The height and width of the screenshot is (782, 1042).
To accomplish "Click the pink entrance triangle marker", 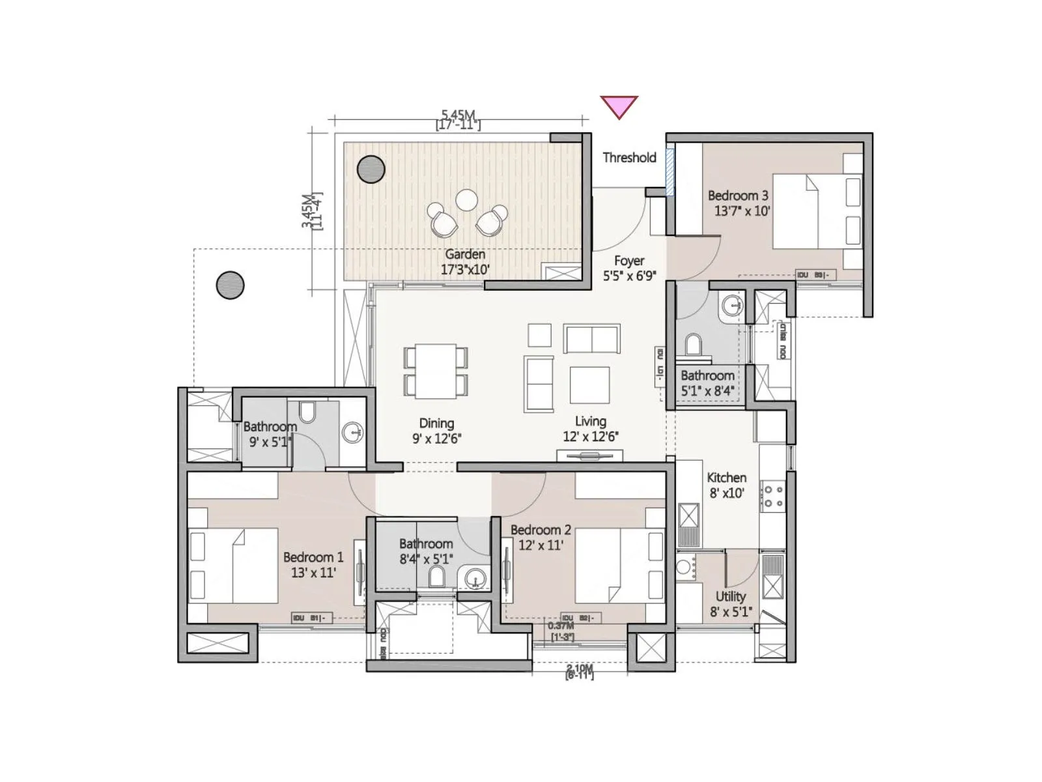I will click(x=618, y=106).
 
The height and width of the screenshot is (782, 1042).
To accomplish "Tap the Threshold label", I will click(x=629, y=157).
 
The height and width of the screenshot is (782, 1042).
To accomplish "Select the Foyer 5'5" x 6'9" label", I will click(x=628, y=268).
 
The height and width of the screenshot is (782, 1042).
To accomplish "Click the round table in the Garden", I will click(x=466, y=200).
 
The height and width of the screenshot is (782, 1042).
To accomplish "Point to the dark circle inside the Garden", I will click(x=371, y=169).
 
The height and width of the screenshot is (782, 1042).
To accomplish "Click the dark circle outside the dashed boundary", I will click(x=230, y=285).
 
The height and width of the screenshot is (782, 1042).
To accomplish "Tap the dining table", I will click(x=436, y=371).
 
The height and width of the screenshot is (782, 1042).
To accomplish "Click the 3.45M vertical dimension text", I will click(x=311, y=210).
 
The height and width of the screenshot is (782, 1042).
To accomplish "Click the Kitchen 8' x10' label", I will click(x=726, y=485).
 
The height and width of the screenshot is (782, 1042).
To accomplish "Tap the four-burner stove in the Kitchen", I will click(x=773, y=496).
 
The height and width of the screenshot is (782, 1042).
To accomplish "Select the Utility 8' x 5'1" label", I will click(x=730, y=603).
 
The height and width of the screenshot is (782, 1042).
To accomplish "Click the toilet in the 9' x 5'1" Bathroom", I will click(x=307, y=412).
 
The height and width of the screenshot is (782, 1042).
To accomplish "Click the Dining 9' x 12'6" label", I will click(x=436, y=431).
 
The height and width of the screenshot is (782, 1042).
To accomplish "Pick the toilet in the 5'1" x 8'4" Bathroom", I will click(x=694, y=345).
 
